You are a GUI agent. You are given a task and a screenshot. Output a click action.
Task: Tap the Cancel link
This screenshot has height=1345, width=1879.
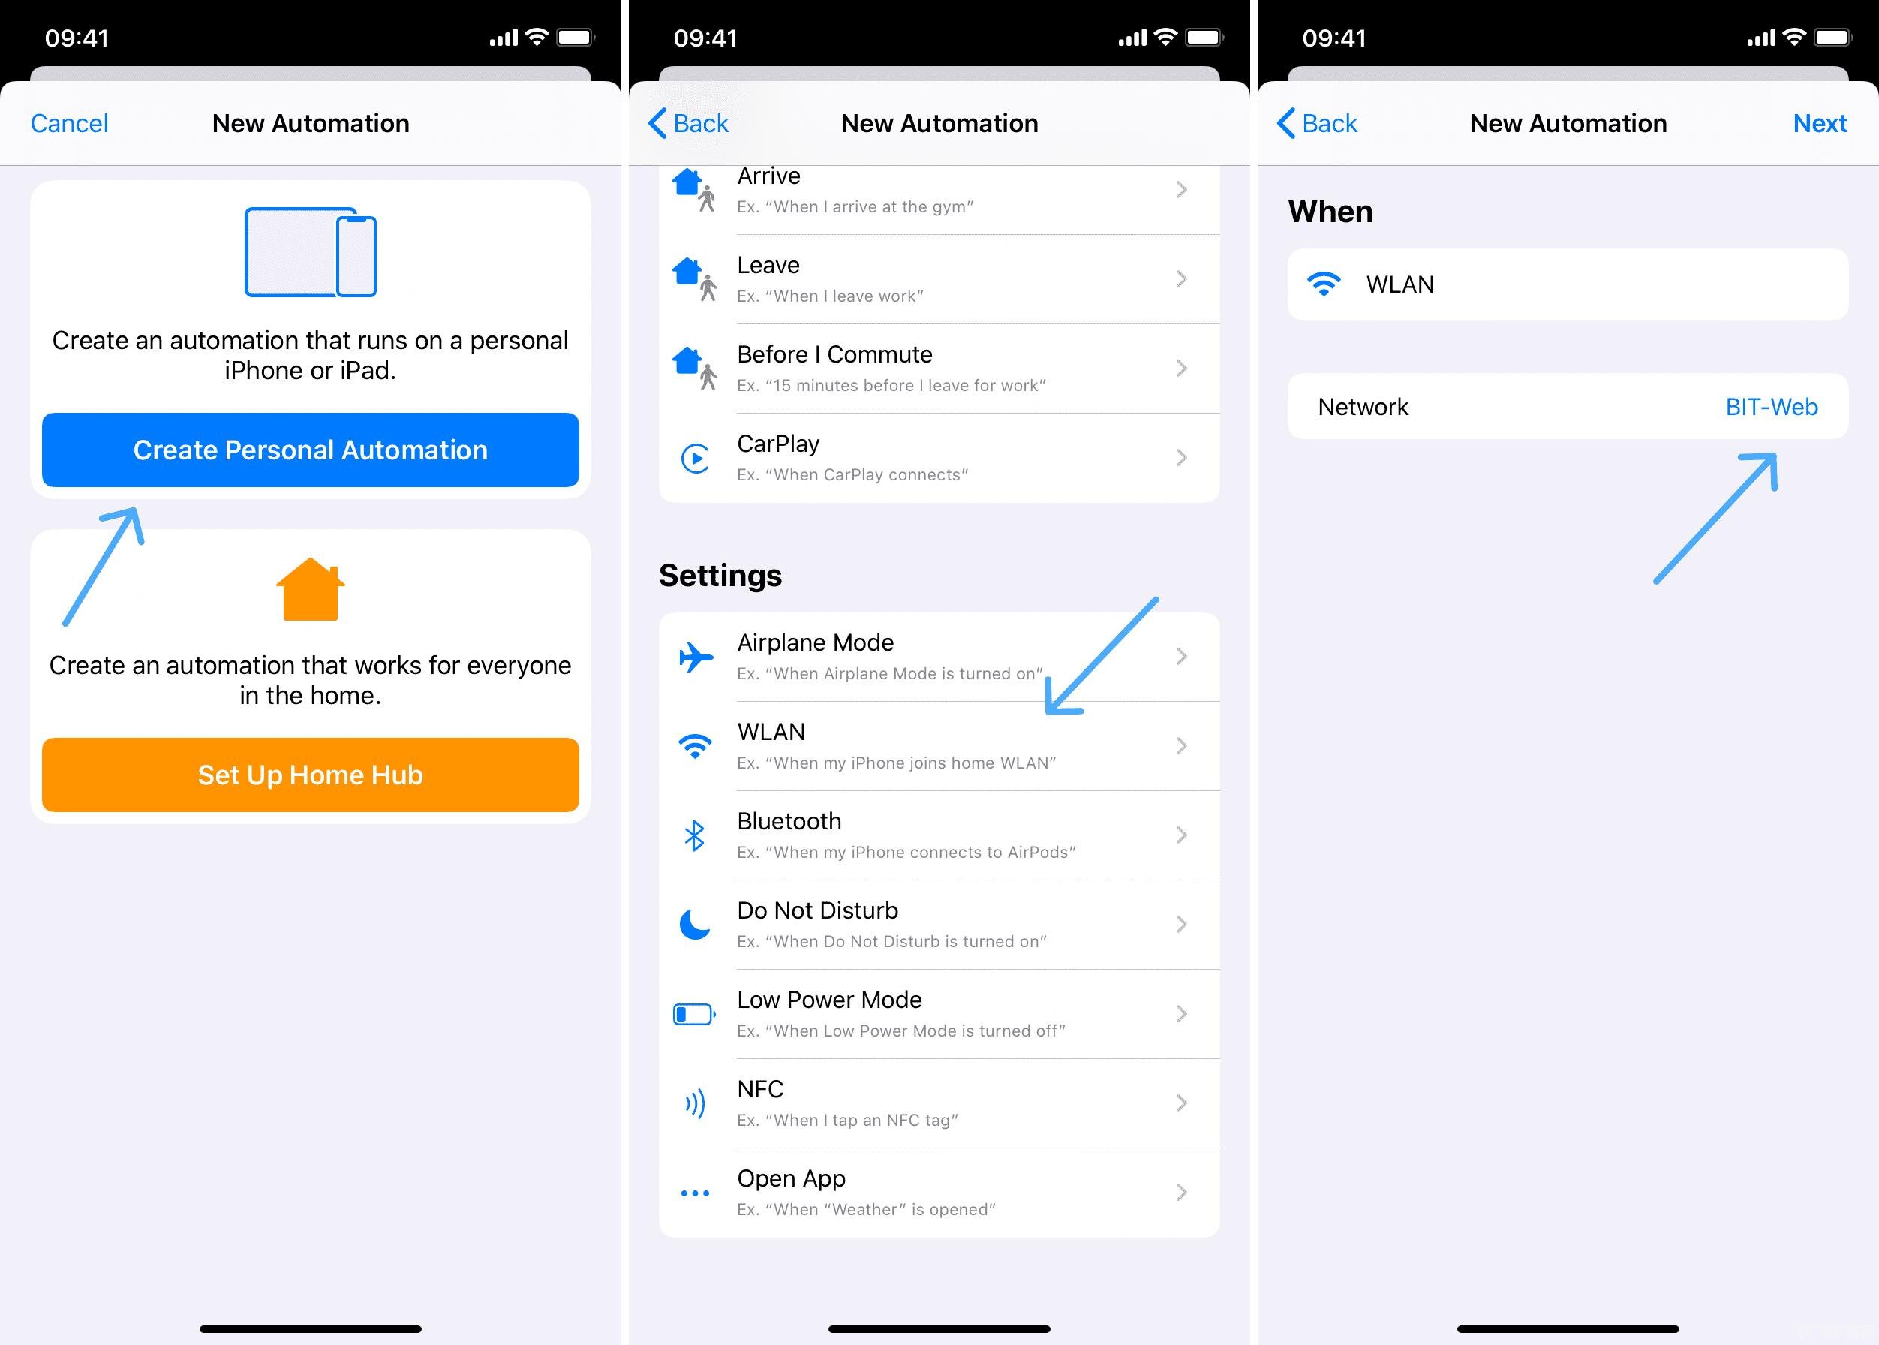click(x=70, y=123)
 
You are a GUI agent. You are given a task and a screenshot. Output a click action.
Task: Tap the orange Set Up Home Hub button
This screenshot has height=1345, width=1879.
click(x=311, y=775)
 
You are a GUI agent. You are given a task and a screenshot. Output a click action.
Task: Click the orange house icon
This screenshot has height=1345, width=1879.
click(x=311, y=589)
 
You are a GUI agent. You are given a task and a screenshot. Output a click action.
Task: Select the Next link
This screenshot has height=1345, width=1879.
click(x=1820, y=123)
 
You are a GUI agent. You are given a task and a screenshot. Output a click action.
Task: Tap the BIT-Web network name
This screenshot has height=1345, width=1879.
click(x=1772, y=407)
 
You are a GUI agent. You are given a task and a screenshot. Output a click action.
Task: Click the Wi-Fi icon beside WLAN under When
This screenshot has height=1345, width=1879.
click(x=1324, y=284)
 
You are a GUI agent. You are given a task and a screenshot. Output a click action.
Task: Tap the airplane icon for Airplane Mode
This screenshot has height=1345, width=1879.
click(x=696, y=657)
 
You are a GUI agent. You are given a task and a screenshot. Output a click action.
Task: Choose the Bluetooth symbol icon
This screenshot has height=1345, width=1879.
click(x=695, y=835)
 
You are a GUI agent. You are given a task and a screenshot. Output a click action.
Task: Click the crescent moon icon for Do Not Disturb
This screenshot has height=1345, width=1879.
click(x=695, y=924)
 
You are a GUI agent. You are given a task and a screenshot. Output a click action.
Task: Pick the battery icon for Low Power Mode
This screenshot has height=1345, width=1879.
click(x=695, y=1014)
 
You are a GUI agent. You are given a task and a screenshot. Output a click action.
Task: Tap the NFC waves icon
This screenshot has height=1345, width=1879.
click(x=695, y=1103)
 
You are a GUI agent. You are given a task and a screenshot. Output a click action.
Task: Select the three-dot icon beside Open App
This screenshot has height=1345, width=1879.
click(x=695, y=1193)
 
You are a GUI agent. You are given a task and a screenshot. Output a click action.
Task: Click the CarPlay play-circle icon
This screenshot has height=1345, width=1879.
click(x=695, y=458)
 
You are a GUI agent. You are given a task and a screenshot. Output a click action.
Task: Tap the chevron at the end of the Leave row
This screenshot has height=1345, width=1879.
click(x=1182, y=279)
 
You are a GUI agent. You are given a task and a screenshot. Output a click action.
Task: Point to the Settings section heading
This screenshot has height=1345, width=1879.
click(x=720, y=576)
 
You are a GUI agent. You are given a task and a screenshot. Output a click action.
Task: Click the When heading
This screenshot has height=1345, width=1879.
click(x=1330, y=211)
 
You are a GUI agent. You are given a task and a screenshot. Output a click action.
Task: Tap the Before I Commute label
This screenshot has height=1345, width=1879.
click(x=834, y=354)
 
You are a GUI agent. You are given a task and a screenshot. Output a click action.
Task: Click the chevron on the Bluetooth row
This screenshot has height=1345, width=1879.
click(x=1182, y=835)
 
